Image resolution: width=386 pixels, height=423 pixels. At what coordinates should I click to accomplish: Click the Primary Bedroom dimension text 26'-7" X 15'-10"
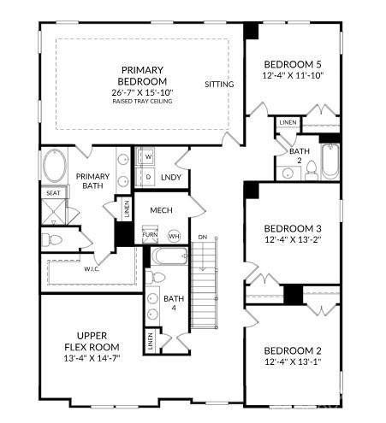tap(141, 91)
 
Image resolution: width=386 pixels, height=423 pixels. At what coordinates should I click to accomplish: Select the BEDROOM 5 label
tap(294, 64)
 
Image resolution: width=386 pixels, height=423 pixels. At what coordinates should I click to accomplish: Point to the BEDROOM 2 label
tap(294, 352)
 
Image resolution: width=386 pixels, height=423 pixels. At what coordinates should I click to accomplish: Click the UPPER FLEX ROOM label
tap(91, 341)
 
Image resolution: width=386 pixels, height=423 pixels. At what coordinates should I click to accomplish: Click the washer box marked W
tap(147, 157)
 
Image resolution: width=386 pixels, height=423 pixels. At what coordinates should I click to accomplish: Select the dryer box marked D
tap(147, 177)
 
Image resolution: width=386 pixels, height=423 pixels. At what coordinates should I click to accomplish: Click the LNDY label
tap(171, 177)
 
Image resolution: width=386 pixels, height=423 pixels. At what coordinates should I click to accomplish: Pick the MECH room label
tap(162, 210)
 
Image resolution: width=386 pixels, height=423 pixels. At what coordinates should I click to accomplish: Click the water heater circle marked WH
tap(174, 235)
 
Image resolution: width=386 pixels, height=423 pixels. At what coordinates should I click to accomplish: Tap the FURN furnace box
tap(150, 234)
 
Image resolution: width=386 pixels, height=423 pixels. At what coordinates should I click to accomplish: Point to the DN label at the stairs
tap(202, 237)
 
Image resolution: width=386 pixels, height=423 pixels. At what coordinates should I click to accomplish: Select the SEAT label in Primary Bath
tap(52, 193)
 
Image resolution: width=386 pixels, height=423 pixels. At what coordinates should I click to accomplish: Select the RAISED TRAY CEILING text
tap(141, 102)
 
